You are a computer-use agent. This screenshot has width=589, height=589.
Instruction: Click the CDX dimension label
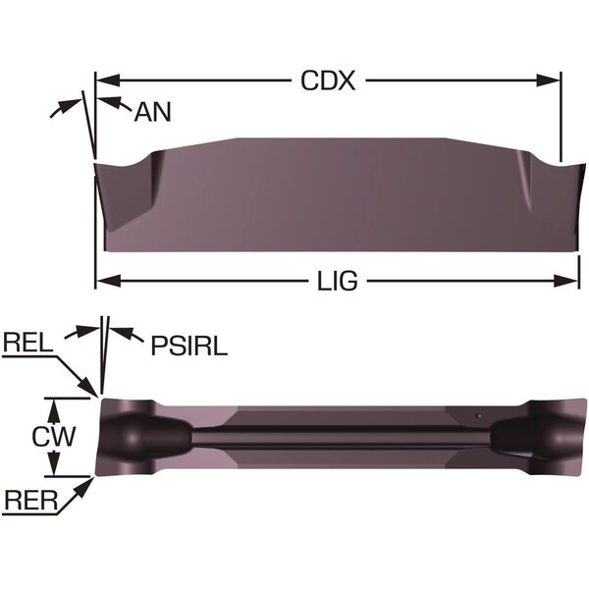pyautogui.click(x=328, y=80)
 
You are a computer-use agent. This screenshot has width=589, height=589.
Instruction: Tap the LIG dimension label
pyautogui.click(x=338, y=281)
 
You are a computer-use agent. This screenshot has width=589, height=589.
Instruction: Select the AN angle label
pyautogui.click(x=152, y=112)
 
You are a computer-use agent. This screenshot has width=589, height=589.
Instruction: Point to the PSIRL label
pyautogui.click(x=188, y=346)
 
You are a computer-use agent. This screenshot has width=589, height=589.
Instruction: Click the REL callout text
pyautogui.click(x=27, y=343)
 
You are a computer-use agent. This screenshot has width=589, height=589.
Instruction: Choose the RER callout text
pyautogui.click(x=30, y=501)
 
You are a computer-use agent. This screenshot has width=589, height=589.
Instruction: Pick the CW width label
pyautogui.click(x=54, y=437)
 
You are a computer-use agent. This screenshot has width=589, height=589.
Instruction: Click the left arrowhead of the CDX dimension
pyautogui.click(x=108, y=80)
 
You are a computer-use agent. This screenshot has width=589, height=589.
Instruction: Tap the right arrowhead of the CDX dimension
pyautogui.click(x=549, y=80)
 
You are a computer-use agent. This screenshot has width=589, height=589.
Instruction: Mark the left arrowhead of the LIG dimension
pyautogui.click(x=109, y=281)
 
